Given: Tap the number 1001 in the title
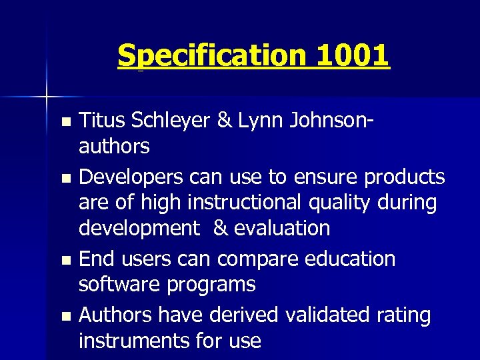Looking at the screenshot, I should (x=353, y=56).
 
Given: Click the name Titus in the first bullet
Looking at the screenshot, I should (x=101, y=120).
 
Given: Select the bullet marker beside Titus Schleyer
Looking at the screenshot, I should (x=65, y=122).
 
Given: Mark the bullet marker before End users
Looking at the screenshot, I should (x=65, y=259).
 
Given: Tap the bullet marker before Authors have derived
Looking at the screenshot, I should (x=65, y=315).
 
